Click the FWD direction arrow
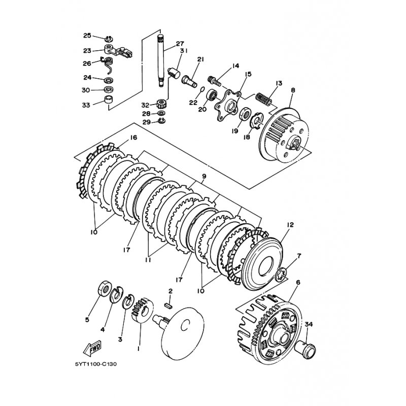92,348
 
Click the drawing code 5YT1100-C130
96,364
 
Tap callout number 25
87,36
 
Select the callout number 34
309,324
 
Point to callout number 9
204,176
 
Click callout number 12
290,225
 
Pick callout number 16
133,138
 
